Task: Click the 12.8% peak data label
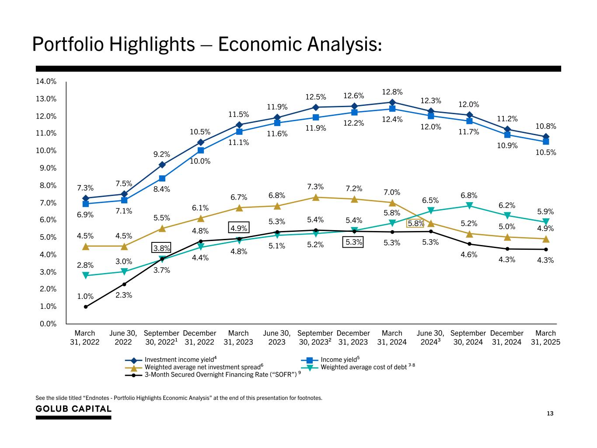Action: [x=392, y=92]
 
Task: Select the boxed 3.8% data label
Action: [x=161, y=248]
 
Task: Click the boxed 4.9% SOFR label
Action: [x=239, y=228]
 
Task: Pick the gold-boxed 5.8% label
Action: [x=415, y=224]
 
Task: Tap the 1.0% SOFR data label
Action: [x=85, y=296]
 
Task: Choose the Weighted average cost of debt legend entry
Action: [x=364, y=367]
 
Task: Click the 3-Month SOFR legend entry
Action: [x=220, y=374]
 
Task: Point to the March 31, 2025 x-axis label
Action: [x=545, y=338]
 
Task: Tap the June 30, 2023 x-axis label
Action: [x=277, y=338]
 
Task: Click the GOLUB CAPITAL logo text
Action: [x=73, y=409]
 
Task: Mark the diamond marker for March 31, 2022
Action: [x=86, y=198]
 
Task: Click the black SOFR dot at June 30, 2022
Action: [x=124, y=284]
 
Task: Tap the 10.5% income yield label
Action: [x=545, y=153]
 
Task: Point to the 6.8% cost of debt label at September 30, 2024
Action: [x=469, y=195]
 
